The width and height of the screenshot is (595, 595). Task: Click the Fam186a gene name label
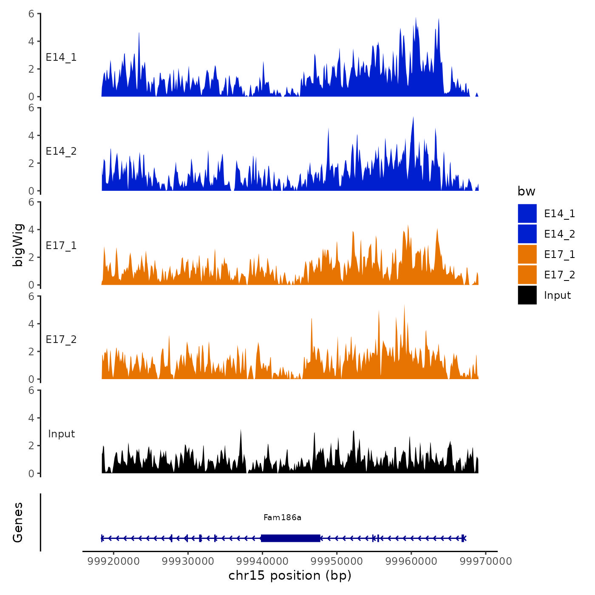(282, 517)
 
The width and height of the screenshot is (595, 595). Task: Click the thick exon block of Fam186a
(290, 538)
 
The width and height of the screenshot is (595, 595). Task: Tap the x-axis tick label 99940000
(262, 561)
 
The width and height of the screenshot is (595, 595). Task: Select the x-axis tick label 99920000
(113, 561)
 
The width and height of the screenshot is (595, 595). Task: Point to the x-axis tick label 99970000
(486, 561)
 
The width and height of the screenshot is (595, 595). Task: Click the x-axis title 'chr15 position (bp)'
(290, 575)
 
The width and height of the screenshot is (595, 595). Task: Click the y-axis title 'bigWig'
(18, 245)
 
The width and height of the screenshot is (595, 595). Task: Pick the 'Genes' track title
(18, 522)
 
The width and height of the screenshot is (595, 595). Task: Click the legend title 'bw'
(526, 191)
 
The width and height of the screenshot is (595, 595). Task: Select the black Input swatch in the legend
(527, 295)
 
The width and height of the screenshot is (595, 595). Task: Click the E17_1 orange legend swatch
(527, 254)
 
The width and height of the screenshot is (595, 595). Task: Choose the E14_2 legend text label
(559, 234)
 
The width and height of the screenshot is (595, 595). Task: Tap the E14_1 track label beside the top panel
(61, 57)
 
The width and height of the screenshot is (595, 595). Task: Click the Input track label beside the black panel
(61, 434)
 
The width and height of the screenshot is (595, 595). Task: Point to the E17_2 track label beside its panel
(61, 340)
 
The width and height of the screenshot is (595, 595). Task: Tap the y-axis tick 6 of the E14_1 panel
(31, 14)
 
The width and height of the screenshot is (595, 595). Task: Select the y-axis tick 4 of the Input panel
(31, 418)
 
